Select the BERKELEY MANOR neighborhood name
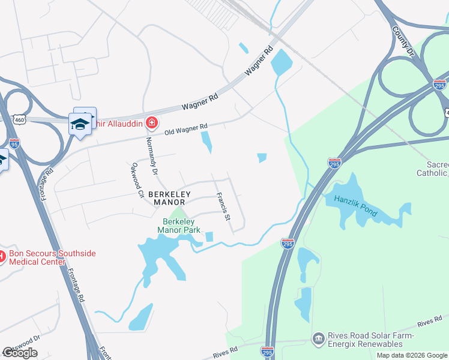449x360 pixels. tap(170, 199)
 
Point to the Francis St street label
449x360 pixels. tap(223, 205)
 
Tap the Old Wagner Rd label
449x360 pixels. tap(186, 128)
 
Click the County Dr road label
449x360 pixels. tap(403, 41)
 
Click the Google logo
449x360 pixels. tap(20, 353)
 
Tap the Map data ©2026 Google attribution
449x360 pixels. tap(412, 355)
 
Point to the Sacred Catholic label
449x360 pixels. tap(432, 169)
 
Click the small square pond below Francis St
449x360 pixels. tap(209, 237)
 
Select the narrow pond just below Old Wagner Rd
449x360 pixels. tap(206, 142)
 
